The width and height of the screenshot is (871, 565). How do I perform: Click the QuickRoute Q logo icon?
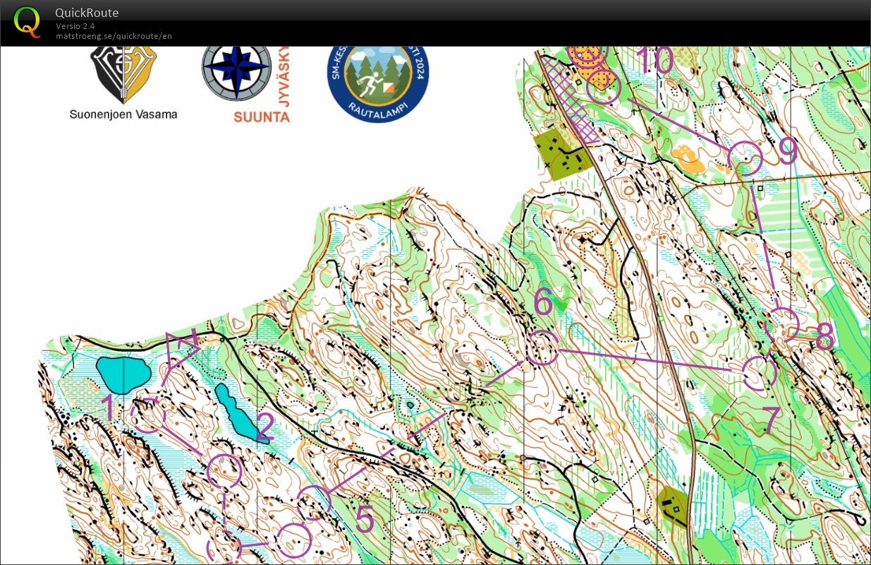click(28, 21)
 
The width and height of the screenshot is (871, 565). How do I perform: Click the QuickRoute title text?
click(87, 13)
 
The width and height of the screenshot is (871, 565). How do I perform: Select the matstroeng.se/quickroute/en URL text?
click(114, 36)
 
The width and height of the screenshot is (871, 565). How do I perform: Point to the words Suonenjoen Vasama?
click(123, 114)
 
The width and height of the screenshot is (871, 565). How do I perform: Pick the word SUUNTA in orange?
click(262, 117)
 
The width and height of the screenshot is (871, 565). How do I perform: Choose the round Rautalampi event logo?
click(377, 77)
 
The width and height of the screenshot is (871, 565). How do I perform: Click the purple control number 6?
click(543, 302)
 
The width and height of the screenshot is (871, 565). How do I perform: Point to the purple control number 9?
click(788, 151)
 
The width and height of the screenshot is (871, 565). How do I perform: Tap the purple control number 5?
click(365, 520)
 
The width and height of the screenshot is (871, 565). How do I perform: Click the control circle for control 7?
click(760, 373)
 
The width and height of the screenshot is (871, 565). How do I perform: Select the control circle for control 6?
click(542, 347)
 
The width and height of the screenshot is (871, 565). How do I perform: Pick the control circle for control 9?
click(745, 158)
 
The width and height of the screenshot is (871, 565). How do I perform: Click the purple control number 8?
click(824, 340)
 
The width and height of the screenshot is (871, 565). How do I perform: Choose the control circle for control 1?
click(149, 415)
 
